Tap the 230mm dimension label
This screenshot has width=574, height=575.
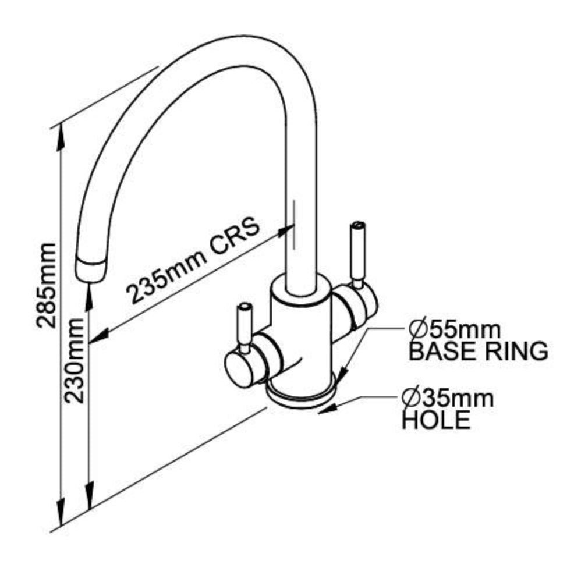pyautogui.click(x=76, y=361)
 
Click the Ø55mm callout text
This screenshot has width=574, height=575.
pyautogui.click(x=454, y=330)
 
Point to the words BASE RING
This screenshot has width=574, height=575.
pyautogui.click(x=479, y=351)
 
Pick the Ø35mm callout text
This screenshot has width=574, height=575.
pyautogui.click(x=448, y=399)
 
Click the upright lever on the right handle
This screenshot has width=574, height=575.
pyautogui.click(x=356, y=250)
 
